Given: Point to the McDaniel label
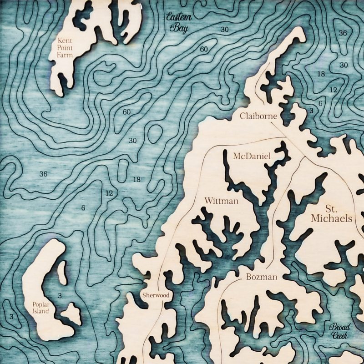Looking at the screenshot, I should pyautogui.click(x=252, y=156).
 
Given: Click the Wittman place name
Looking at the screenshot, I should pyautogui.click(x=222, y=201).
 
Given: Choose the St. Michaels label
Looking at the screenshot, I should pyautogui.click(x=332, y=214).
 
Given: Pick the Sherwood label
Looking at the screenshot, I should pyautogui.click(x=155, y=295).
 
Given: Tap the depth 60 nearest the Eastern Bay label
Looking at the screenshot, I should pyautogui.click(x=204, y=49).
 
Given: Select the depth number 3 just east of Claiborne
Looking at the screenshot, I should pyautogui.click(x=311, y=111).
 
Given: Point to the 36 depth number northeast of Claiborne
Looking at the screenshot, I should pyautogui.click(x=343, y=33).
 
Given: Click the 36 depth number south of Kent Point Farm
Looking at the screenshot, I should pyautogui.click(x=44, y=174).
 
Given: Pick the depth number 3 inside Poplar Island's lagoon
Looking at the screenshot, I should pyautogui.click(x=60, y=296).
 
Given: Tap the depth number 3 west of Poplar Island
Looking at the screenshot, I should pyautogui.click(x=11, y=316).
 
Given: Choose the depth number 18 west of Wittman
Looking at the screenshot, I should pyautogui.click(x=136, y=179).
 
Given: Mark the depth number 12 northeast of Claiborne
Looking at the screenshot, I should pyautogui.click(x=333, y=90).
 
